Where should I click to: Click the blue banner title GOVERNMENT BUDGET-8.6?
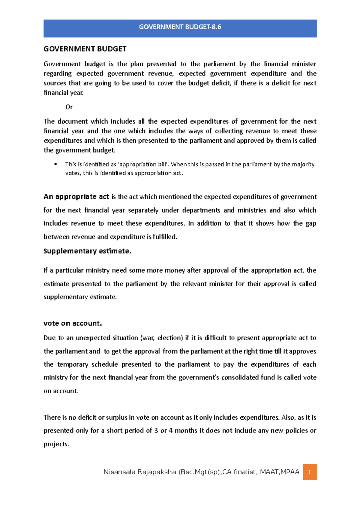coord(180,27)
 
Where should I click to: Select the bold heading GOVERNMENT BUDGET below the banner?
coord(85,49)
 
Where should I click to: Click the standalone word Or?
coord(69,107)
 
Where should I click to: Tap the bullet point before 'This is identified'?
coord(55,164)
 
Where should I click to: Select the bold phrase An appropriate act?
coord(76,197)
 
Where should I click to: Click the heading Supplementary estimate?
coord(87,251)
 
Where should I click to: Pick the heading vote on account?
coord(73,323)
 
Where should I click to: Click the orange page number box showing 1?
coord(310,472)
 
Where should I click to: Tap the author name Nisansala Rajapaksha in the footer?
coord(139,472)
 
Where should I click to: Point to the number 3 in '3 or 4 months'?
coord(156,430)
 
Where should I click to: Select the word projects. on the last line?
coord(56,444)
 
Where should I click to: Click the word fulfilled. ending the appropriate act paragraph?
coord(165,237)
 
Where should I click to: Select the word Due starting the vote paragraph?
coord(49,338)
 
